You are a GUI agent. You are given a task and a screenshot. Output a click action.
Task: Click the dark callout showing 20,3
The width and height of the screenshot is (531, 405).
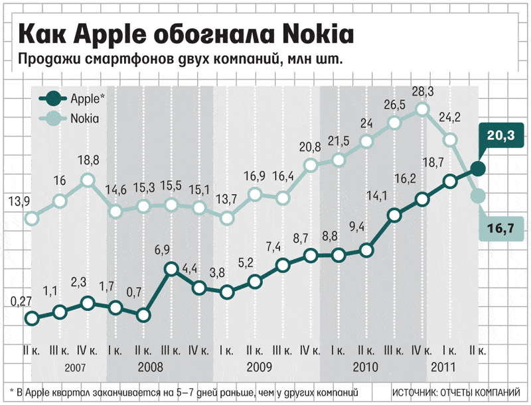point(502,137)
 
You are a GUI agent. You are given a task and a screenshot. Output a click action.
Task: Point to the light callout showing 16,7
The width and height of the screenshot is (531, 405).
point(502,229)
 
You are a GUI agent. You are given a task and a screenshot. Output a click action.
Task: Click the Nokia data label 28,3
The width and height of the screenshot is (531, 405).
point(421,91)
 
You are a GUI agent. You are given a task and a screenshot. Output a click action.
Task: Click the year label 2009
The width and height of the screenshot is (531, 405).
point(259,366)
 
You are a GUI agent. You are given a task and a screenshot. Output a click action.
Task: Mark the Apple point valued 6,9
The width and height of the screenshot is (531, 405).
point(171,269)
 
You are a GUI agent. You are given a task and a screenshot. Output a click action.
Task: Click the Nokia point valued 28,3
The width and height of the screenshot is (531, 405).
point(421,110)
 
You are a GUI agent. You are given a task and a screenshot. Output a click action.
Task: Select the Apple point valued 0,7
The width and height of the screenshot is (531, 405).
point(143,315)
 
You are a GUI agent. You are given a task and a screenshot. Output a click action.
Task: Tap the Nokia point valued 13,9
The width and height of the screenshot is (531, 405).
point(31,217)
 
